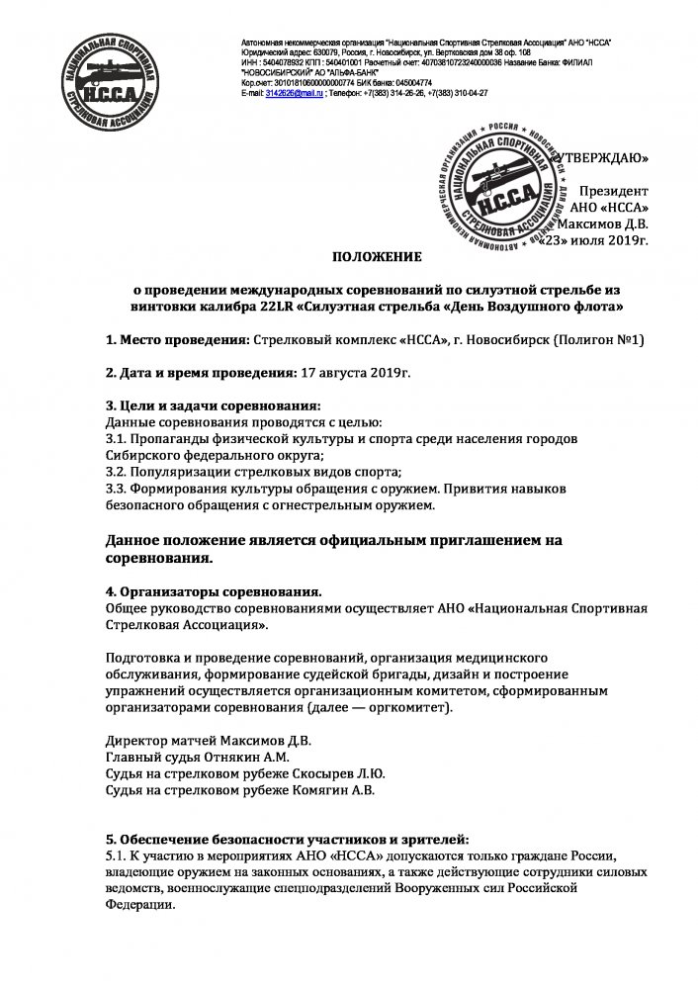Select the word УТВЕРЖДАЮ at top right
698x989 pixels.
click(602, 157)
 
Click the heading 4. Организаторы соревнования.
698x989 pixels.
click(214, 590)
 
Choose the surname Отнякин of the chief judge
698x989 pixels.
click(222, 758)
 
